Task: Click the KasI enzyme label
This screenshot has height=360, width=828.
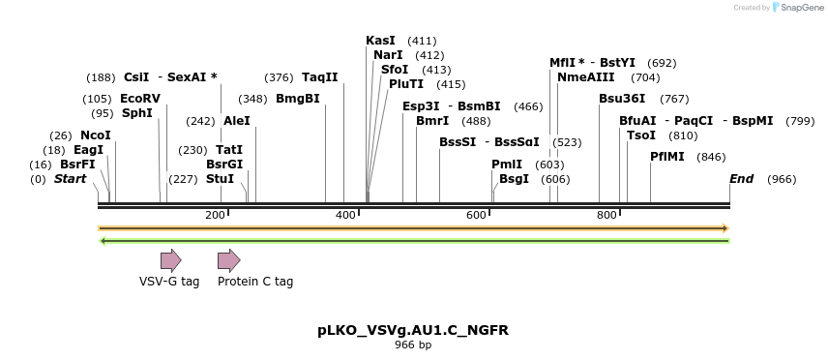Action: (x=380, y=41)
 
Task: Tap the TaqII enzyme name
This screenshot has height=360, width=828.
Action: (x=319, y=77)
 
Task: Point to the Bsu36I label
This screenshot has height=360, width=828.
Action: (x=622, y=99)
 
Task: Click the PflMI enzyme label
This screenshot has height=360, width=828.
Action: (x=667, y=157)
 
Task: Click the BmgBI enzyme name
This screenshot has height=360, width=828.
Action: (x=298, y=99)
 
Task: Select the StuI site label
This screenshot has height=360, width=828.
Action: (x=221, y=179)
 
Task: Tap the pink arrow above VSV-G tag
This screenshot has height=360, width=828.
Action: (x=171, y=259)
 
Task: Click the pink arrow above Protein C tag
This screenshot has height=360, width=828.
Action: (x=228, y=259)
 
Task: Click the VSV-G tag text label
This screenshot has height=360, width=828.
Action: (x=169, y=282)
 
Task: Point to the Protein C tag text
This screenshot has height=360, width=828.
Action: (x=255, y=282)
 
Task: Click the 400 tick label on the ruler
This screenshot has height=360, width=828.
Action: (x=346, y=215)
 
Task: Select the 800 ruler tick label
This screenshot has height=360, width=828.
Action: (x=607, y=215)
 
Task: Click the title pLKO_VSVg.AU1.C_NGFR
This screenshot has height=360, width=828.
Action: (x=413, y=330)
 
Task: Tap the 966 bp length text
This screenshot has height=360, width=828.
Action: (x=413, y=345)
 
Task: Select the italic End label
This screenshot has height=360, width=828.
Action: (x=741, y=179)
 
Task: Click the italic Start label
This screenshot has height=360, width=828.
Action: (x=70, y=179)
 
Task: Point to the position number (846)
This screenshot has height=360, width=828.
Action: (x=711, y=157)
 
